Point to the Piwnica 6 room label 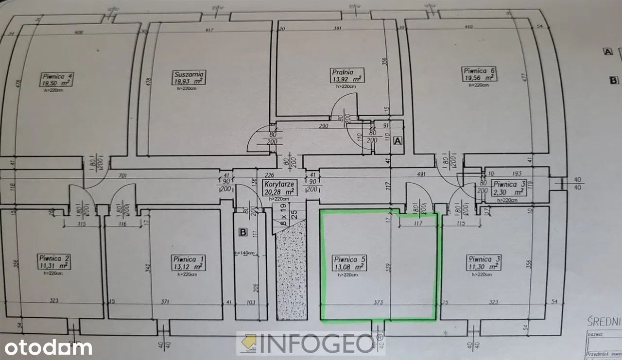pos(479,70)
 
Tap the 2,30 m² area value pos(508,192)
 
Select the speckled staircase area pos(291,272)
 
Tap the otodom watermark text pos(46,347)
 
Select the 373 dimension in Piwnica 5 pos(379,302)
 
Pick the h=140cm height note pos(244,253)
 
